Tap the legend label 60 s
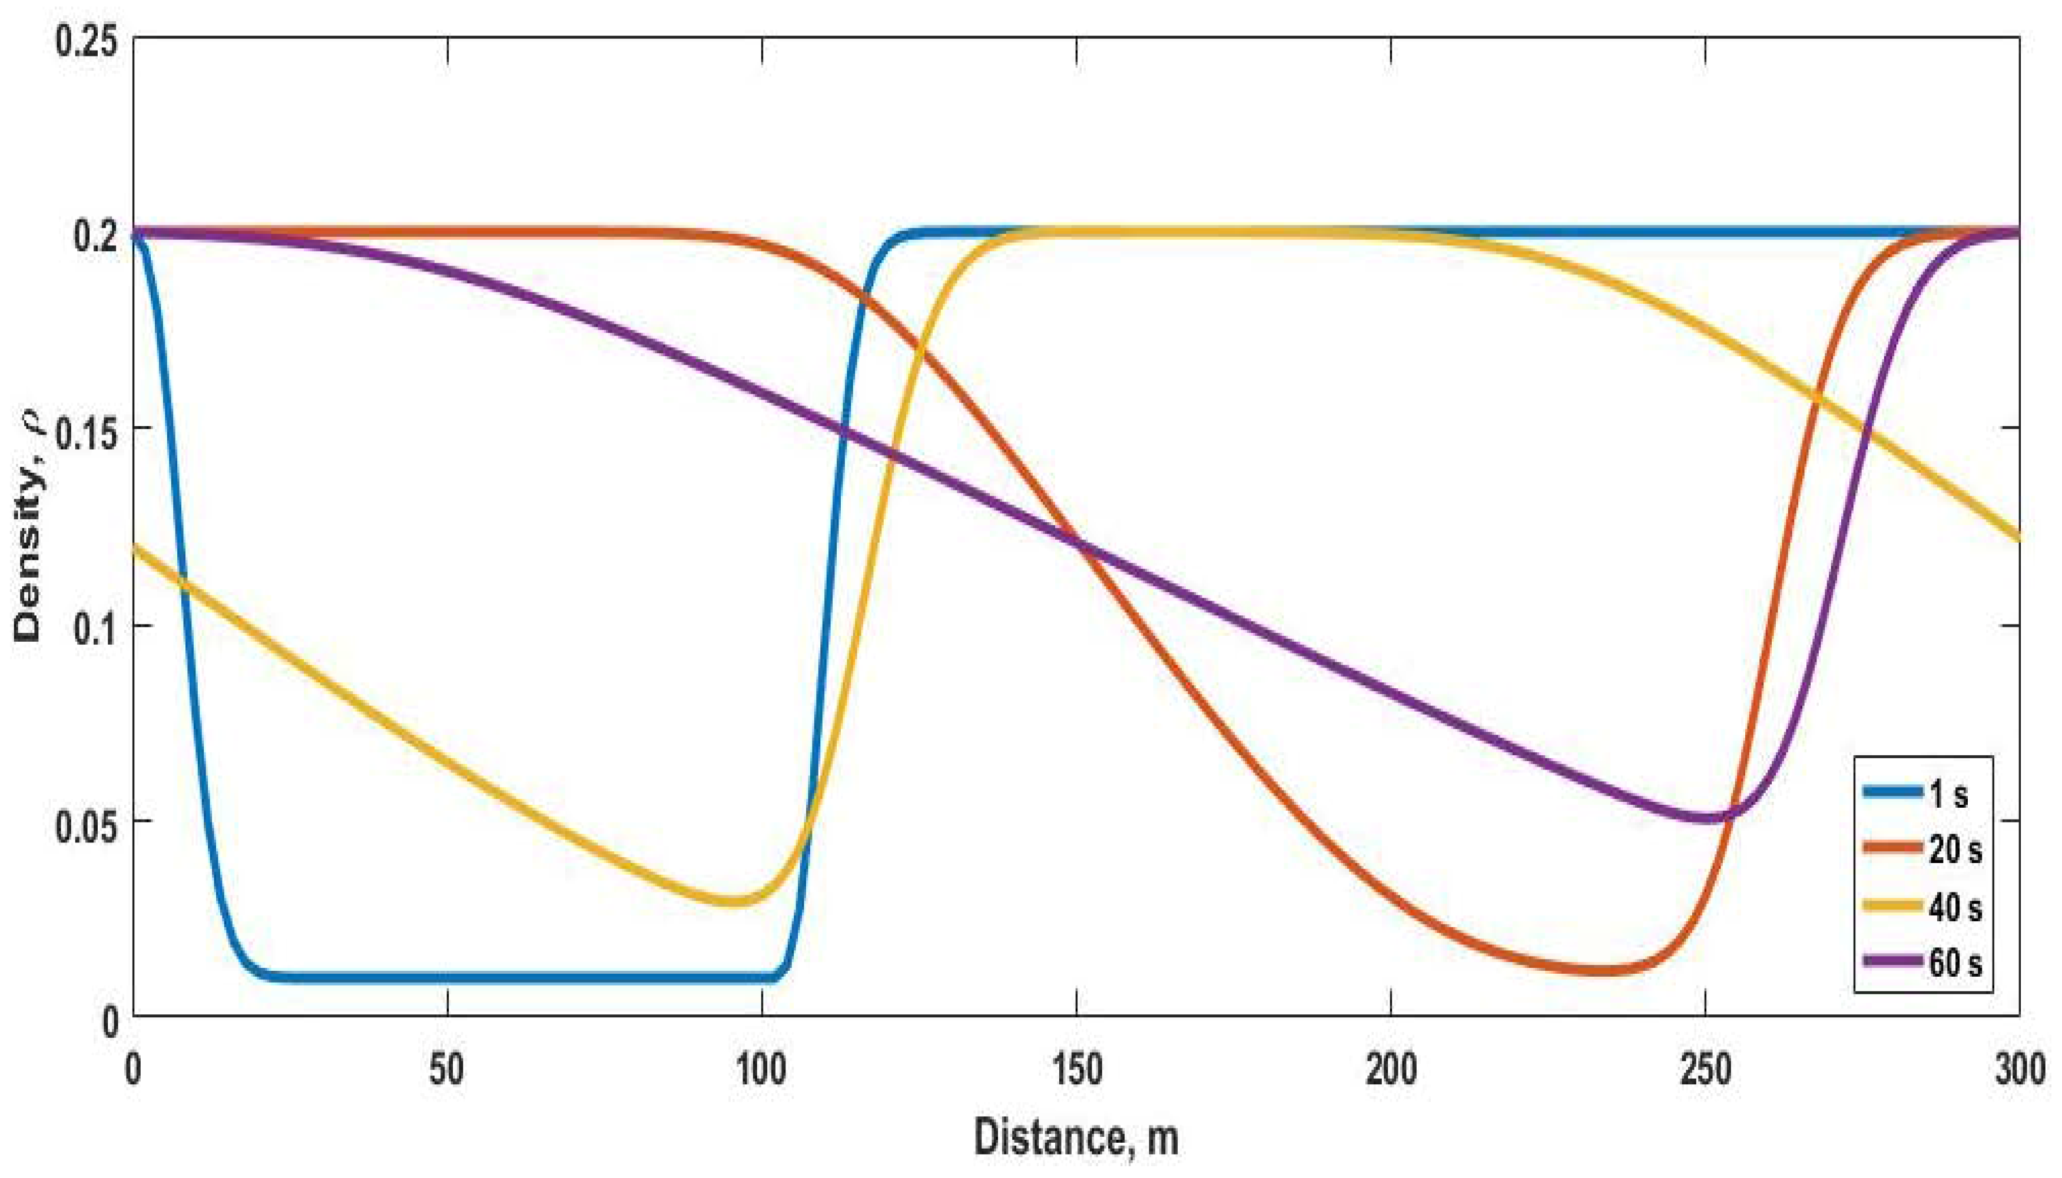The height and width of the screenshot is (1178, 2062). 1954,963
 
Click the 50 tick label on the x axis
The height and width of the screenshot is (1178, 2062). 446,1070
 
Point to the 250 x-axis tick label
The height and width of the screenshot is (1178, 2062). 1705,1070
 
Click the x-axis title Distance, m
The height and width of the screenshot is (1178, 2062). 1076,1137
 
